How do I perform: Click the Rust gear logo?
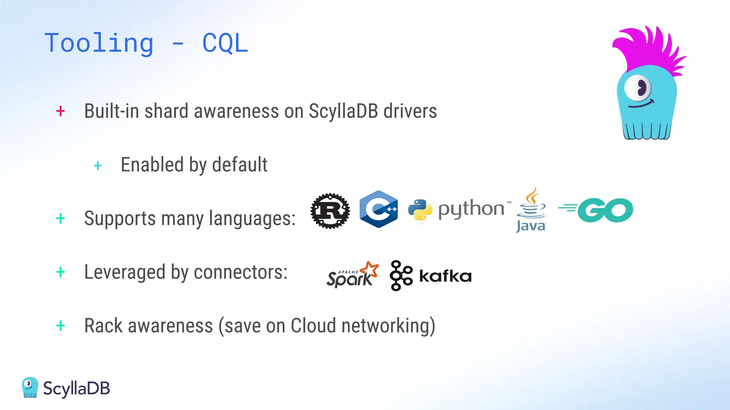[330, 211]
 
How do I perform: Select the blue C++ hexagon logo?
[379, 209]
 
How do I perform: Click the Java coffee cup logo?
[531, 210]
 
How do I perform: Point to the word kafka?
[445, 276]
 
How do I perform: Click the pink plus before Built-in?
[61, 111]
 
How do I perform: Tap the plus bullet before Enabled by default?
[98, 165]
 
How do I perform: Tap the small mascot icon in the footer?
[30, 387]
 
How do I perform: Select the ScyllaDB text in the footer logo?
[77, 388]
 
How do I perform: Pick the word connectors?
[240, 272]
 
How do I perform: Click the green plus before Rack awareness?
[61, 326]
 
